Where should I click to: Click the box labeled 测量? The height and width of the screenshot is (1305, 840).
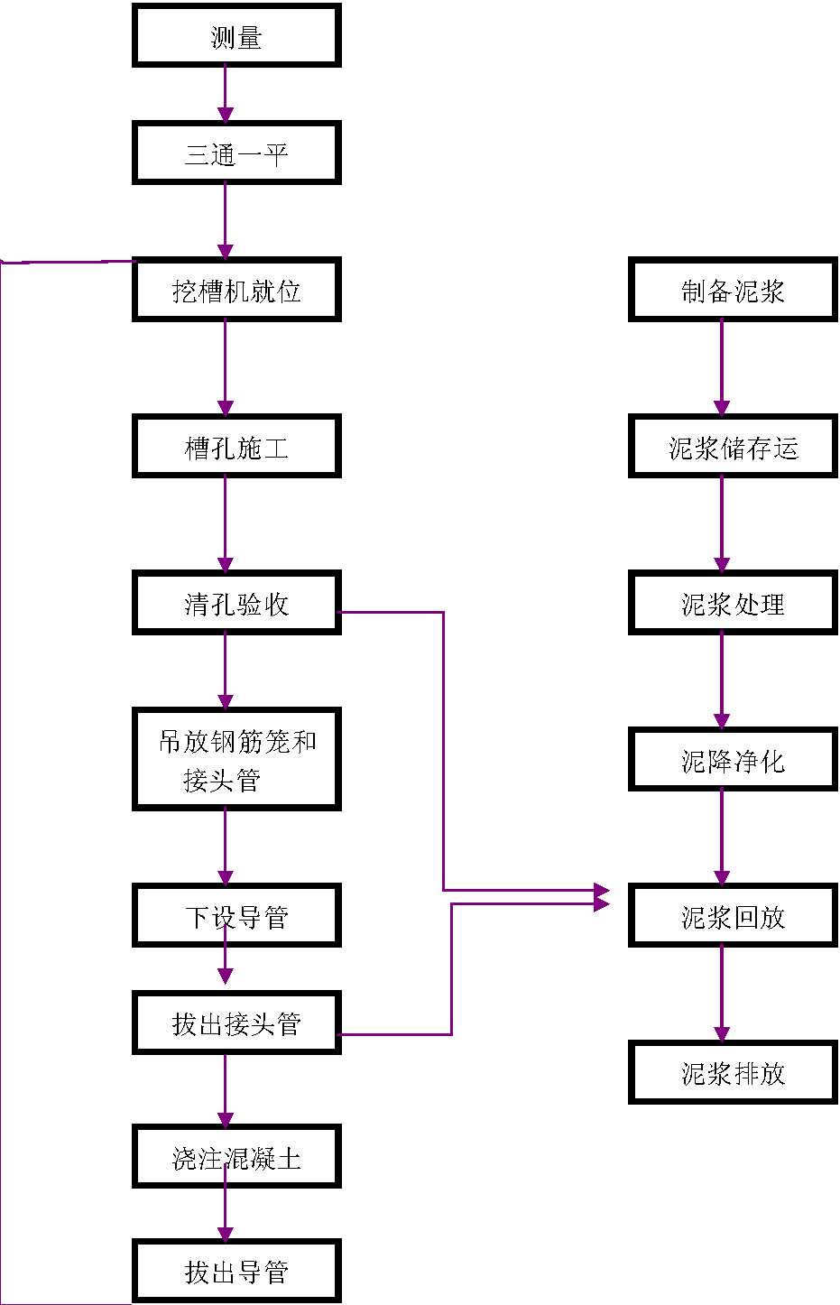pos(236,36)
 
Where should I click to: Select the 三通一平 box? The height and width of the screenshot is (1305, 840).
pos(236,153)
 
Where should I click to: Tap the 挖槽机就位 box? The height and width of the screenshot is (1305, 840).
pos(236,290)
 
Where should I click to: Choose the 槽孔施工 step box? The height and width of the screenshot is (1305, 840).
pos(236,447)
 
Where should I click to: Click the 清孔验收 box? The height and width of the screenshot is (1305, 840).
pos(236,603)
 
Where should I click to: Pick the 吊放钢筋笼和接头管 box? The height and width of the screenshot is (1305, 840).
pos(236,759)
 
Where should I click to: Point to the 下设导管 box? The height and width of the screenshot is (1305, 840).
pos(236,916)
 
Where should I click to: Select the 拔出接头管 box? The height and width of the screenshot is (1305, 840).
pos(236,1023)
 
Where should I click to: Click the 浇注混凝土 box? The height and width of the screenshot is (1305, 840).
pos(236,1156)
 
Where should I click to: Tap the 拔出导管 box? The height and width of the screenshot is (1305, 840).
pos(236,1271)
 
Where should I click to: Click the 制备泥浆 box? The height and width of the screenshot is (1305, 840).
pos(733,290)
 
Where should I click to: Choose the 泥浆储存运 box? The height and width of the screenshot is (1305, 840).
pos(733,447)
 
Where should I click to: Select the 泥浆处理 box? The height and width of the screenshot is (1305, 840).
pos(733,603)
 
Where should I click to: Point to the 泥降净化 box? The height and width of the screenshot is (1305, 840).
pos(733,760)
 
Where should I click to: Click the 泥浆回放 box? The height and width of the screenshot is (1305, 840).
pos(733,916)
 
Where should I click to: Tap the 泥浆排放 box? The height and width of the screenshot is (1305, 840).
pos(733,1072)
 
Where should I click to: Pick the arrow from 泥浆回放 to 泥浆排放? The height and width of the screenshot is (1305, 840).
pos(722,994)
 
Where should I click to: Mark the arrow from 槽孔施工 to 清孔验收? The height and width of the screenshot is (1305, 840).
pos(226,524)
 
